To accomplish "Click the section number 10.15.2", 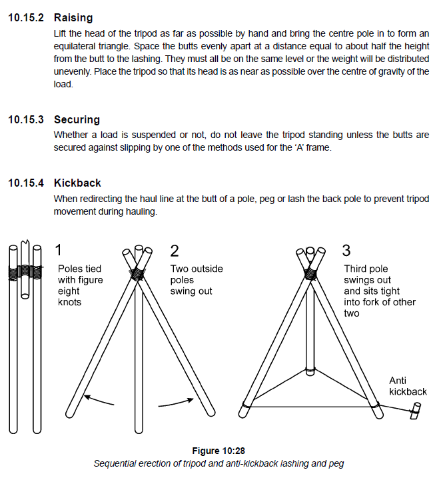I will click(26, 18).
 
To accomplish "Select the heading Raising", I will click(73, 18).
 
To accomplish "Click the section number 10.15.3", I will click(26, 120).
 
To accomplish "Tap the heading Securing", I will click(77, 120).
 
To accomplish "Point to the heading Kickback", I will click(77, 183).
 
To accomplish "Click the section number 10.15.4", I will click(26, 183).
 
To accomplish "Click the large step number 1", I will click(59, 250).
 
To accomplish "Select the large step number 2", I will click(175, 251).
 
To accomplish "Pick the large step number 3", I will click(346, 251).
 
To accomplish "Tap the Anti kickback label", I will click(408, 386).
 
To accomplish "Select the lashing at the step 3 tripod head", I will click(310, 273).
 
